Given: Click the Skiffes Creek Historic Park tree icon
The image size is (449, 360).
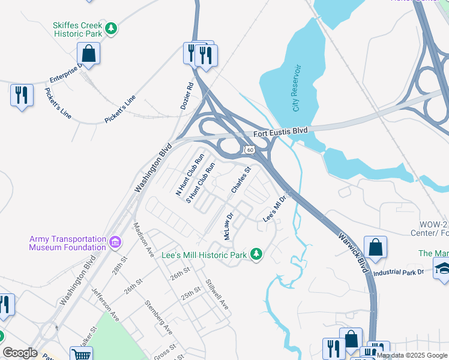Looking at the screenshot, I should coord(110,28).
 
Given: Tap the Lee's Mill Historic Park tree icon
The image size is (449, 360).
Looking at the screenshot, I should coord(256,254).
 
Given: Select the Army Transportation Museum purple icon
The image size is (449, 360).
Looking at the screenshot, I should coord(115,243).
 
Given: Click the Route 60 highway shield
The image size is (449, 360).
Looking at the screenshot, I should coord(249,148).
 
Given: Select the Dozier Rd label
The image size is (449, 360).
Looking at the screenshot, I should coord(187,96).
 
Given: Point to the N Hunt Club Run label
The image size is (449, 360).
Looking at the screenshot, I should coord(190,175).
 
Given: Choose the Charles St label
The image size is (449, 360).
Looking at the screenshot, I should coord(240,180).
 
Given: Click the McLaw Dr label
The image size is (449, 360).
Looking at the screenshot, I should coord(228,226).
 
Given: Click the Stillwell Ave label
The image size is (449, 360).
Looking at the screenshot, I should coord(217,295).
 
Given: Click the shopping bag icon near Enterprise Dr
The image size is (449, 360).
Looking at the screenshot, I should coord(88,53).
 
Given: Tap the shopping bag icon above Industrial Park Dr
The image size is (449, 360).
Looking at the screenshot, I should coord(375,247).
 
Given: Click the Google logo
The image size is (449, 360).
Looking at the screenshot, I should coord(20,353).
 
